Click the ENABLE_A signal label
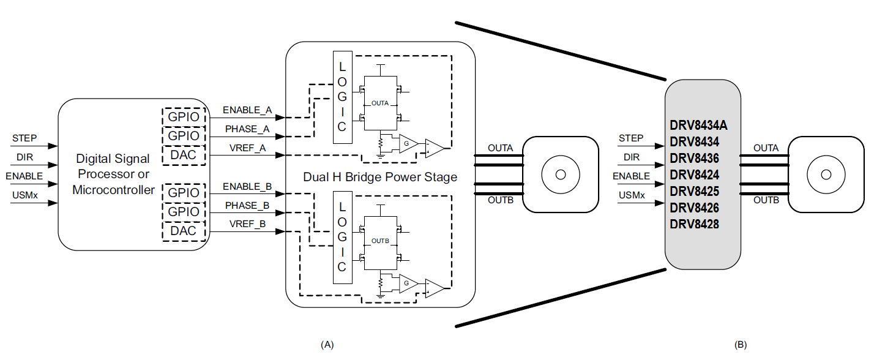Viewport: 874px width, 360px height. point(247,110)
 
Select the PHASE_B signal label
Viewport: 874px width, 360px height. point(247,205)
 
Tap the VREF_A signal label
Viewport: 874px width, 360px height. point(247,148)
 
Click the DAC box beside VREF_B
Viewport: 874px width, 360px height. point(184,231)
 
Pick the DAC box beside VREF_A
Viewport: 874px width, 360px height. point(184,155)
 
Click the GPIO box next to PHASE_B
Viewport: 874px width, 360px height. point(184,212)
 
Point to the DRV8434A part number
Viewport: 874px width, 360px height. point(698,126)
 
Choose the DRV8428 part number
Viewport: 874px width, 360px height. point(694,224)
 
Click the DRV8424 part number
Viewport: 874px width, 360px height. point(694,174)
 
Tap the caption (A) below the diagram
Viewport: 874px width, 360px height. point(327,345)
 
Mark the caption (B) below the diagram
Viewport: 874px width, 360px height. point(741,345)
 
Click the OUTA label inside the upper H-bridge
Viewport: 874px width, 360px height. point(380,103)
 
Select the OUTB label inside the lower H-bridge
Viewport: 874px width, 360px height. point(380,241)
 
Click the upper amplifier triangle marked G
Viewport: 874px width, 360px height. point(406,144)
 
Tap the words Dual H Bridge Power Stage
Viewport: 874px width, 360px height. point(380,178)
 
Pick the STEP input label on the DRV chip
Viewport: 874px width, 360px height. point(631,138)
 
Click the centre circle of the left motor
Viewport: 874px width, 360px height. point(559,174)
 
